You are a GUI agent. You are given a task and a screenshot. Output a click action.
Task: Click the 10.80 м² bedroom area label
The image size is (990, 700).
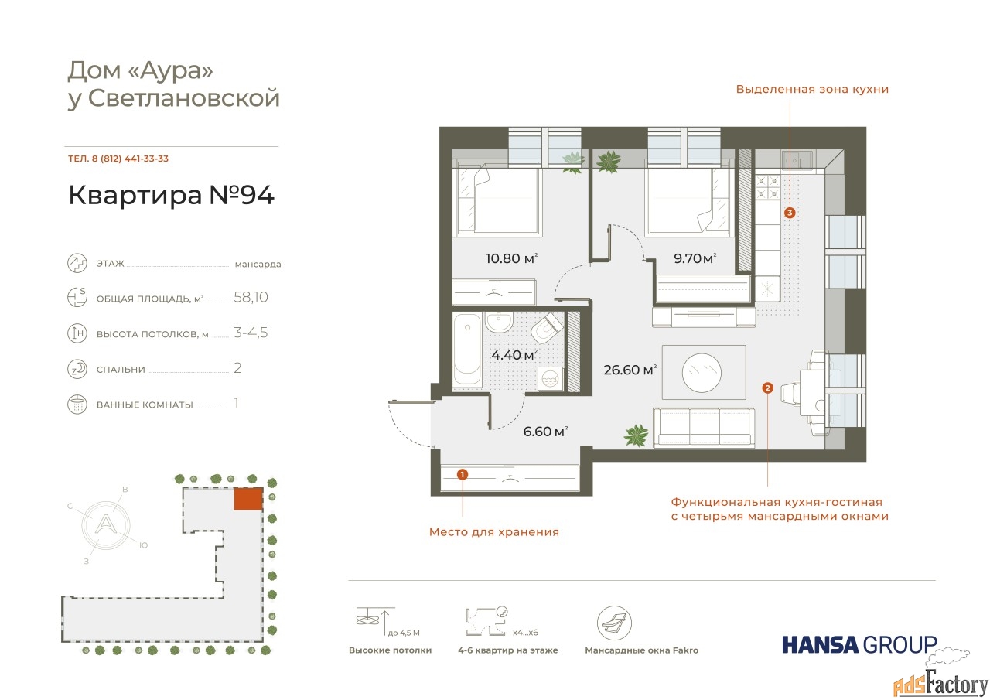tap(511, 258)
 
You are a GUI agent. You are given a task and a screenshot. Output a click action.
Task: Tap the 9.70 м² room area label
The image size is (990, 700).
tap(695, 258)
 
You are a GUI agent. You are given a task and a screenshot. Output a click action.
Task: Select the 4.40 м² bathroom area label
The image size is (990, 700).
tap(514, 354)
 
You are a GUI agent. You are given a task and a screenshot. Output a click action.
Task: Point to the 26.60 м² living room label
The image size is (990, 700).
tap(630, 370)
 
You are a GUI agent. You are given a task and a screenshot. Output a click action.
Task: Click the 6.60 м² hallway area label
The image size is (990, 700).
tap(545, 431)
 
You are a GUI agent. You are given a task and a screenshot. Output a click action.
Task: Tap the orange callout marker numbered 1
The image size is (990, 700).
tap(463, 474)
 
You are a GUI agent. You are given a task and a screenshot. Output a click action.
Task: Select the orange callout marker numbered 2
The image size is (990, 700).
tap(768, 388)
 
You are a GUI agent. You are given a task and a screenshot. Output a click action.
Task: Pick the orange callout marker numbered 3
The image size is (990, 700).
tap(790, 213)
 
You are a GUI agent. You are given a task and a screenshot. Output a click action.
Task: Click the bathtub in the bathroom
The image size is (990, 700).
tap(467, 350)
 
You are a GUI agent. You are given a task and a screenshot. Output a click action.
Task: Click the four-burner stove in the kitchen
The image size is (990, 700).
tap(768, 186)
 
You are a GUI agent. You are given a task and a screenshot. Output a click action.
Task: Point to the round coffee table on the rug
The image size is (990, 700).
tap(702, 373)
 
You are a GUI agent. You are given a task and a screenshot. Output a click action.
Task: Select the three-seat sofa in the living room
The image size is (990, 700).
tap(704, 426)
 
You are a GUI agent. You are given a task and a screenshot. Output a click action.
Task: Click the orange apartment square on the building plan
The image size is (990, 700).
tap(248, 499)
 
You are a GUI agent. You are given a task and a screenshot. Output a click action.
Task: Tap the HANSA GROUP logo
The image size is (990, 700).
tap(859, 644)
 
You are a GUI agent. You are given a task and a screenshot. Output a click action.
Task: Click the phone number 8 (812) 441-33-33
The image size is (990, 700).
tap(130, 159)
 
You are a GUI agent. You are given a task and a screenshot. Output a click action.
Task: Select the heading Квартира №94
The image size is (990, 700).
tap(172, 195)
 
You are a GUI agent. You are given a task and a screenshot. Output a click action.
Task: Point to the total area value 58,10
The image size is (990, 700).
tap(251, 297)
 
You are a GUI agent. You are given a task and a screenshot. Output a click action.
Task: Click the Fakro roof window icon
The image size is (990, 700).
tap(614, 623)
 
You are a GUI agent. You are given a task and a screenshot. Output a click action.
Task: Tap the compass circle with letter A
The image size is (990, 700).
tap(106, 525)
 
